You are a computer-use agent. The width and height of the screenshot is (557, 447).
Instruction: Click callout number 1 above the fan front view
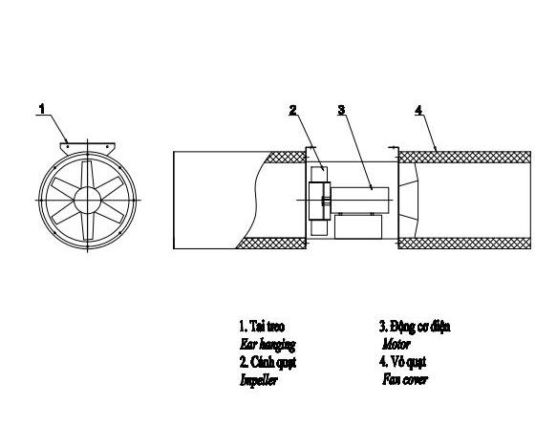[x=42, y=109]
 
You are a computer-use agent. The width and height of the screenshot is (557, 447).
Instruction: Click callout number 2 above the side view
[x=292, y=110]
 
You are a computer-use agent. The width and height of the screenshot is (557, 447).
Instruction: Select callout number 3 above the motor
[x=341, y=110]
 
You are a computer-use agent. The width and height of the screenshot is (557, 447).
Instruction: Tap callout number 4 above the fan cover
[x=418, y=110]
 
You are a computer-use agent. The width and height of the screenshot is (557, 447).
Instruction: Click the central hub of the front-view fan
[x=88, y=201]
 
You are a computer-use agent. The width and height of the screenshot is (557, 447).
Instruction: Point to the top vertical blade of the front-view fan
[x=87, y=174]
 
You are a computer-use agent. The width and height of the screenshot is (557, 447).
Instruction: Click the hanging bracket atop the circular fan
[x=87, y=148]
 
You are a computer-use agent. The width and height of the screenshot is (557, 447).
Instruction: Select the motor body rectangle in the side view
[x=359, y=201]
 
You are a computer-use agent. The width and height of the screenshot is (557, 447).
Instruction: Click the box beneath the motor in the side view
[x=358, y=226]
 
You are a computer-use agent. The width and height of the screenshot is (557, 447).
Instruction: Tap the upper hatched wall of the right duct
[x=464, y=157]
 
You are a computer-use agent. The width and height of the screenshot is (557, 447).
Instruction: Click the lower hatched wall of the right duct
[x=464, y=244]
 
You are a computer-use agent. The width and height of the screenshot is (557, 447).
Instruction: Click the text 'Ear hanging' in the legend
[x=268, y=345]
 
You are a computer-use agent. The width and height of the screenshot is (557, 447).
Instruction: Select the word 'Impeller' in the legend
[x=258, y=380]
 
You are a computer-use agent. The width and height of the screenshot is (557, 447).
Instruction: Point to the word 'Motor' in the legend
[x=396, y=344]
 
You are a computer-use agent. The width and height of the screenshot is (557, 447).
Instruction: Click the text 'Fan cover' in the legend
[x=405, y=379]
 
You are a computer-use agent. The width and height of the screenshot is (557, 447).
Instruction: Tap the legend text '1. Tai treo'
[x=262, y=326]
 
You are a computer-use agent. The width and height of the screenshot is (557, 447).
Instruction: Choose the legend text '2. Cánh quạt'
[x=268, y=362]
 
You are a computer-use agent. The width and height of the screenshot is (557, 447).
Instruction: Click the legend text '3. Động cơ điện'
[x=415, y=327]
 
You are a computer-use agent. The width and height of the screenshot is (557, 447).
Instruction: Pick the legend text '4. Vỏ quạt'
[x=402, y=362]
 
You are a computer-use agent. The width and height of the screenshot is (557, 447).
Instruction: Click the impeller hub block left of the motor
[x=319, y=201]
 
